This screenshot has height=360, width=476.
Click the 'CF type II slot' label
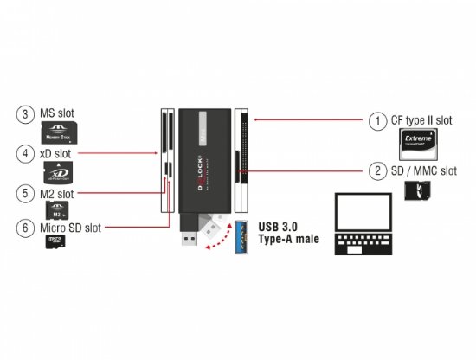click(422, 121)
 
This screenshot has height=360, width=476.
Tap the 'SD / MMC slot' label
click(423, 170)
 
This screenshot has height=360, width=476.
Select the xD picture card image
click(58, 171)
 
